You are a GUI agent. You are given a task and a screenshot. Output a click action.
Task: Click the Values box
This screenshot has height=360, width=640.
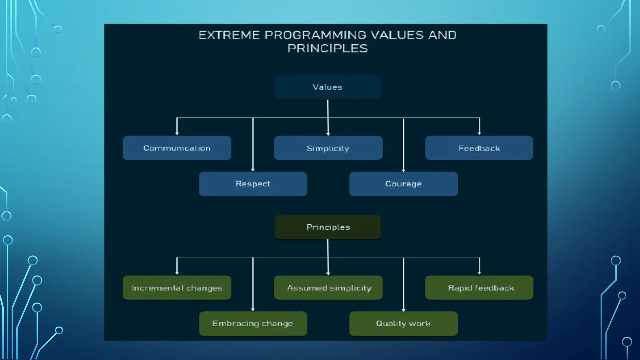point(327,87)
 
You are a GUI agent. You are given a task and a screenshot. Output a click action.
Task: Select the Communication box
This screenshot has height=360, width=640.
point(177,148)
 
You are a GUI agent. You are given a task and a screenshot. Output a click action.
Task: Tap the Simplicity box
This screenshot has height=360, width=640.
point(328,148)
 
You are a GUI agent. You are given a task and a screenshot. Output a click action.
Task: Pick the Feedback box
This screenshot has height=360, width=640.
point(479,148)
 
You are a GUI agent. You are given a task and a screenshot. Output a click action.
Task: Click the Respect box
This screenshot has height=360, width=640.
point(253,184)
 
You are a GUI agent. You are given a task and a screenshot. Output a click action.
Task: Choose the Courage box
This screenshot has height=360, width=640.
point(403,184)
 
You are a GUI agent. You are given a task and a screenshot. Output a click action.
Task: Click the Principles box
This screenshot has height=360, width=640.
point(328,227)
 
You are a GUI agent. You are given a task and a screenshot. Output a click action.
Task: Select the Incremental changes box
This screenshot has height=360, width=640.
point(177,288)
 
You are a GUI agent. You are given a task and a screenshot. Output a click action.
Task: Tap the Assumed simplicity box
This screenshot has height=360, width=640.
point(328,288)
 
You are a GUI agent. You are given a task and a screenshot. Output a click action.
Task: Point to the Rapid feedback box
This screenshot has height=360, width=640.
point(479,288)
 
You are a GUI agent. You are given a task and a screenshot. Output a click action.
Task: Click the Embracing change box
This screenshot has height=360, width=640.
point(253,323)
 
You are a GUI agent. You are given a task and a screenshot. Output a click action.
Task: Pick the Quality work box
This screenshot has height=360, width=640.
point(403,323)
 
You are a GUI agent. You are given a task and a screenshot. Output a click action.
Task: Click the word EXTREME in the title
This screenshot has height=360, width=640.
point(229,35)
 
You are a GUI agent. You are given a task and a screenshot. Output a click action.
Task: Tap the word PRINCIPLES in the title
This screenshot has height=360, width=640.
point(327,48)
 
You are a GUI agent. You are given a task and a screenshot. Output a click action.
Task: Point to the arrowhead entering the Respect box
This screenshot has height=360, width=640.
point(253,170)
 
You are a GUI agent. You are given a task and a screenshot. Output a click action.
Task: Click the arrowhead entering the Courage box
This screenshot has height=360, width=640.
point(403,170)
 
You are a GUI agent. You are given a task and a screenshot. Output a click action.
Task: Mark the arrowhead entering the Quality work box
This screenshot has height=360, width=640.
point(403,310)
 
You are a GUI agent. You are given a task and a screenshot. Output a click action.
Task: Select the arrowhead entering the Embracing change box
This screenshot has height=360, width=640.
point(253,309)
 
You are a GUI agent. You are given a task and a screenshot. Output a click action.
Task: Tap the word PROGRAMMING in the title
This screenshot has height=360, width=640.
point(315,35)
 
